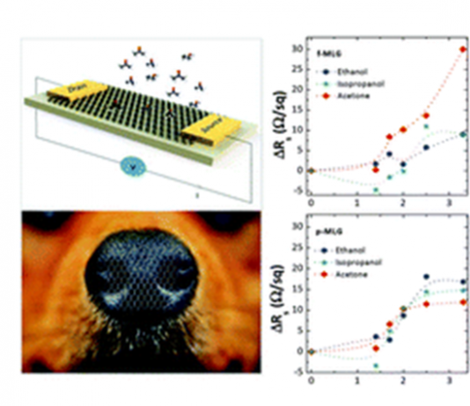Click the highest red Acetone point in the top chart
[463, 48]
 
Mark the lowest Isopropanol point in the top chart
[376, 190]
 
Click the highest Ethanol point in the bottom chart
[427, 277]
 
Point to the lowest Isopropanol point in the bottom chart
[376, 366]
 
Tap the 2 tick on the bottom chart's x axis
[403, 382]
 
